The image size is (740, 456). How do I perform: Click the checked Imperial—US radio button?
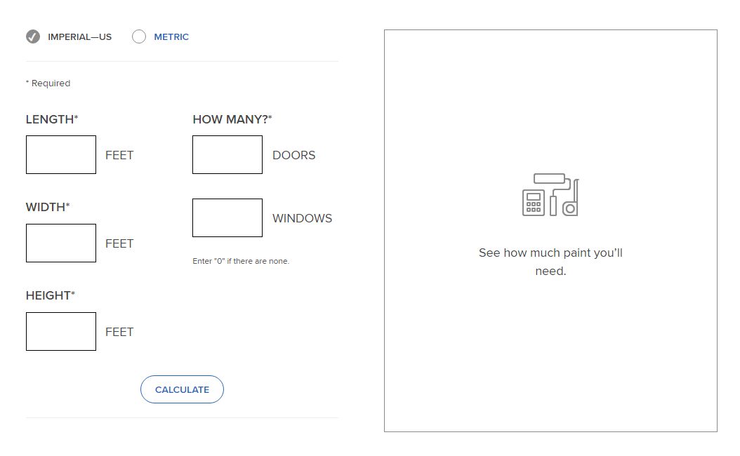(32, 36)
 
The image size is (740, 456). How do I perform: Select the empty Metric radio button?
(139, 36)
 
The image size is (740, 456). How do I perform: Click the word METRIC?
(171, 36)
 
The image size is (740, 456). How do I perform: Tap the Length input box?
(61, 154)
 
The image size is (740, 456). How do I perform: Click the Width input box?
(61, 243)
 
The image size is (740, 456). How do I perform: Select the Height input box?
(61, 331)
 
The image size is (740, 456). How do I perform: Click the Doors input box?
(227, 154)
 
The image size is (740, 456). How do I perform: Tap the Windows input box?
(227, 218)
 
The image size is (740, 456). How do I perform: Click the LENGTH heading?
(52, 119)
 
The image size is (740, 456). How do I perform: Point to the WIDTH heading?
(48, 207)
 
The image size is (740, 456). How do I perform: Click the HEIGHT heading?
(51, 295)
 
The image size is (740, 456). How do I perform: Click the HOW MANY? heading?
(232, 119)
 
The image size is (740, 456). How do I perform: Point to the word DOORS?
(294, 155)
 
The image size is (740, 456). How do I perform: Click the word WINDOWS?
(302, 218)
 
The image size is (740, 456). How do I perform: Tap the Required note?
(48, 83)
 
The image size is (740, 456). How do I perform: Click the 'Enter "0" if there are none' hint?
(241, 261)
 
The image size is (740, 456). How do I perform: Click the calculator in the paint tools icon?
(534, 203)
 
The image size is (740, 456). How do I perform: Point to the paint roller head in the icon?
(549, 178)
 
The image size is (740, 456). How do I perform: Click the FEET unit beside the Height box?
(119, 332)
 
